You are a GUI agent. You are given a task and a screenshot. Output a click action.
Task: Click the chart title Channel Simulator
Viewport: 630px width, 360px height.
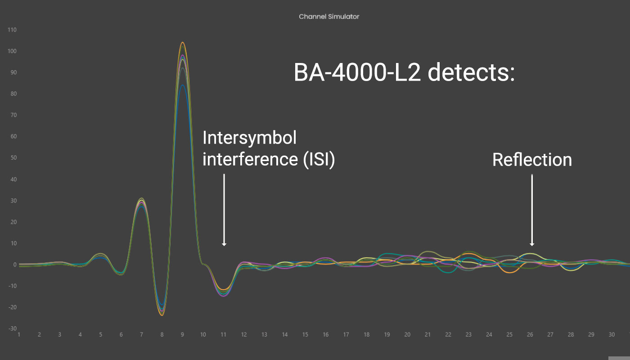pyautogui.click(x=329, y=17)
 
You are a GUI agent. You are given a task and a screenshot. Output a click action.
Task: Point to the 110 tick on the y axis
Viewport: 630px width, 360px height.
pyautogui.click(x=12, y=30)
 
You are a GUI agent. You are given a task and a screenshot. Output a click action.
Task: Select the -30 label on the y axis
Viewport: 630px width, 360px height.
pyautogui.click(x=13, y=328)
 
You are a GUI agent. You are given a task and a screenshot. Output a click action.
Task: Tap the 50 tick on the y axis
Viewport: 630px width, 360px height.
pyautogui.click(x=14, y=157)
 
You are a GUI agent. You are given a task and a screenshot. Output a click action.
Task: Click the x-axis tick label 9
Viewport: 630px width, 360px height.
pyautogui.click(x=182, y=335)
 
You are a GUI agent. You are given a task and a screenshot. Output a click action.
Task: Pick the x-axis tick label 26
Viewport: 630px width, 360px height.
pyautogui.click(x=530, y=335)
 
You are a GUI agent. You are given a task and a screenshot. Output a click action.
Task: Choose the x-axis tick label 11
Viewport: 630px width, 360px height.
pyautogui.click(x=223, y=335)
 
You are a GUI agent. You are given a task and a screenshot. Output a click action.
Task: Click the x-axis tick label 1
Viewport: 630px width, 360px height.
pyautogui.click(x=19, y=335)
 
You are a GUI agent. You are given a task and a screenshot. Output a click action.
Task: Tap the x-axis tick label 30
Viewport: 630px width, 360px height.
pyautogui.click(x=612, y=335)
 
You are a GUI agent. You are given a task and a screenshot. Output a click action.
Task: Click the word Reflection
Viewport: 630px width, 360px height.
pyautogui.click(x=532, y=160)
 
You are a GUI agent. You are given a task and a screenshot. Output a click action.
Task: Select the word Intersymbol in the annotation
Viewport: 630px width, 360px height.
pyautogui.click(x=249, y=138)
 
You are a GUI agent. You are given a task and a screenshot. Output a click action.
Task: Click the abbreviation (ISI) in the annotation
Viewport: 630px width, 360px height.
pyautogui.click(x=319, y=159)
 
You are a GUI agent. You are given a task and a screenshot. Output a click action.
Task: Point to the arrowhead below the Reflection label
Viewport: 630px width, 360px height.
pyautogui.click(x=532, y=244)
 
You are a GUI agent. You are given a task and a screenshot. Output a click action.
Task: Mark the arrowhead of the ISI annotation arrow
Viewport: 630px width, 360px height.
pyautogui.click(x=224, y=244)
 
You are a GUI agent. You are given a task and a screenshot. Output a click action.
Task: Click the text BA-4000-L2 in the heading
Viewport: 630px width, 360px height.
pyautogui.click(x=357, y=72)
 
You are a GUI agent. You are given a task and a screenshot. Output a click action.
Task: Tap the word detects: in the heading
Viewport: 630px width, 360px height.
pyautogui.click(x=472, y=72)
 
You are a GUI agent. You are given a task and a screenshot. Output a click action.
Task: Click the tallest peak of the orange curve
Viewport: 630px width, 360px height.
pyautogui.click(x=183, y=42)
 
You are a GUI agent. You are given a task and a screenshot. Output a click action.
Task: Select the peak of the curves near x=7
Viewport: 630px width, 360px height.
pyautogui.click(x=141, y=198)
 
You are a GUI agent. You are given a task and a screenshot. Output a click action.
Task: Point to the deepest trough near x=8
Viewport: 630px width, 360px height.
pyautogui.click(x=162, y=315)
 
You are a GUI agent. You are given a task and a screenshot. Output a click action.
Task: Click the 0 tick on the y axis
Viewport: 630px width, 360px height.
pyautogui.click(x=15, y=265)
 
